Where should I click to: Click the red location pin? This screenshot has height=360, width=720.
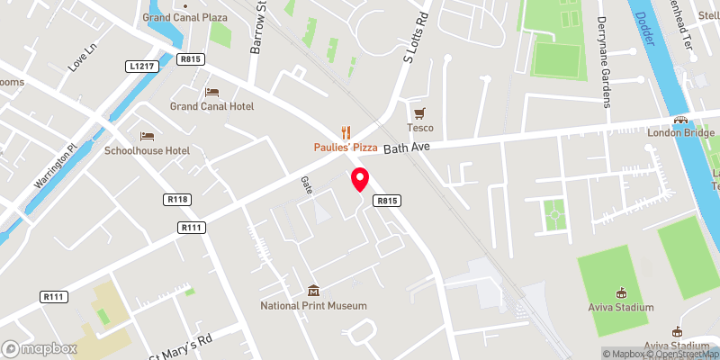tap(360, 178)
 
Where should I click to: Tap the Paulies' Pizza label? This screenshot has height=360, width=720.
tap(346, 148)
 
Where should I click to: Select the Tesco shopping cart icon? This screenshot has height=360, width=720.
tap(418, 113)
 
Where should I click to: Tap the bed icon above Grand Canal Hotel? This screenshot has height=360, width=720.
tap(211, 92)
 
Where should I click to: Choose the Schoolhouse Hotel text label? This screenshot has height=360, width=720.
tap(147, 150)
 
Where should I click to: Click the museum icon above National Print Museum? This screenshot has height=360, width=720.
tap(314, 291)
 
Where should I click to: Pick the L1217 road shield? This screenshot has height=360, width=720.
tap(142, 67)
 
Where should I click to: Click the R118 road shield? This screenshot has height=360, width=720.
tap(176, 200)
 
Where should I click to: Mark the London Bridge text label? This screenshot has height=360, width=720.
tap(680, 132)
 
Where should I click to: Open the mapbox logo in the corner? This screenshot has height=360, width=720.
tap(38, 348)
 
